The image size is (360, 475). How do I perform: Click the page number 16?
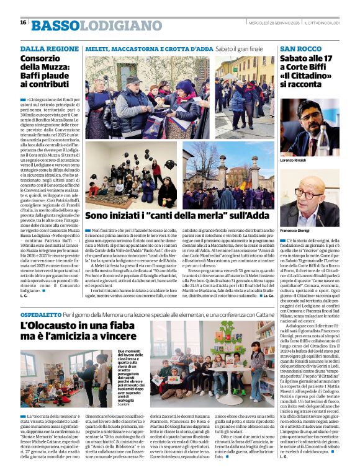[23, 22]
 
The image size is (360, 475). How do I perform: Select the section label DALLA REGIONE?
[50, 48]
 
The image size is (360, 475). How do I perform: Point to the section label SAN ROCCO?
[301, 48]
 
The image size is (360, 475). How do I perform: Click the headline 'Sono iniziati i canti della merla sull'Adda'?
[179, 216]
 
